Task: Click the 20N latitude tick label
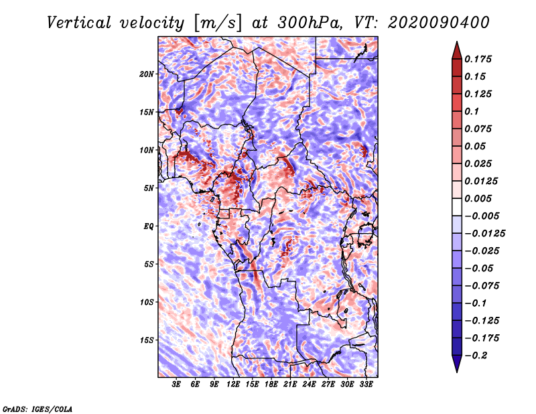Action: pos(147,74)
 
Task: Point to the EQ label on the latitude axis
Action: pos(149,226)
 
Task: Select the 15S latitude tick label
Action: pos(147,340)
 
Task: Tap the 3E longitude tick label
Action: pos(176,385)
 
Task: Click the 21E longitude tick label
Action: pos(290,385)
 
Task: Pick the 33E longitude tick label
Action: pos(366,385)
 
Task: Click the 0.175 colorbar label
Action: pos(478,59)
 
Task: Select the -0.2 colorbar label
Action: pos(476,356)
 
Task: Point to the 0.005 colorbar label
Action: pos(478,198)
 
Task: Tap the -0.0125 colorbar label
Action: pos(484,234)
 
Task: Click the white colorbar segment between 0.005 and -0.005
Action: pos(457,207)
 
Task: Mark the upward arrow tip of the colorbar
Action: pos(457,42)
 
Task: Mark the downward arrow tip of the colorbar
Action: pos(457,372)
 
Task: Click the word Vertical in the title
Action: pos(79,23)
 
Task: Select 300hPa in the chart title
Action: pos(310,23)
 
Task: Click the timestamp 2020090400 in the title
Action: pos(438,23)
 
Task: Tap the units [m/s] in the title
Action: pos(218,23)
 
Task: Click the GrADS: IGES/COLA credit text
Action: pos(38,409)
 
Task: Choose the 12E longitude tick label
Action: pos(232,385)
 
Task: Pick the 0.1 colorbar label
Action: pos(472,111)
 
